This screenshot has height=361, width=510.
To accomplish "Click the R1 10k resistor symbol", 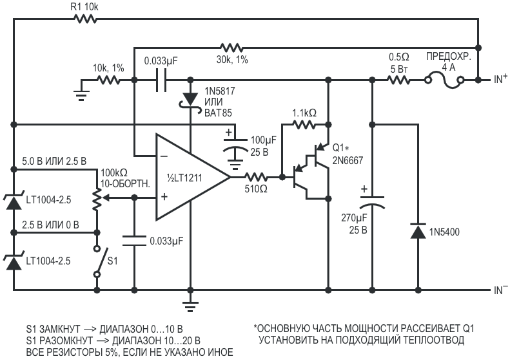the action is pyautogui.click(x=85, y=19).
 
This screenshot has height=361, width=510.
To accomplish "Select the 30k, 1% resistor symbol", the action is pyautogui.click(x=231, y=48).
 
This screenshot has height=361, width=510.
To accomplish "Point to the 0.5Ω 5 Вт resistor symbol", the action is pyautogui.click(x=398, y=80).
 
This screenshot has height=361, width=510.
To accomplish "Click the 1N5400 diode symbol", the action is pyautogui.click(x=418, y=231).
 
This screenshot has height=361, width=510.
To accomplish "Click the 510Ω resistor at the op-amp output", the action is pyautogui.click(x=256, y=177).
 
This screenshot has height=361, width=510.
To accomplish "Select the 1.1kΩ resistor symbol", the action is pyautogui.click(x=304, y=124).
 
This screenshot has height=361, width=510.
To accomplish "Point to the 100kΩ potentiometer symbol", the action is pyautogui.click(x=97, y=199).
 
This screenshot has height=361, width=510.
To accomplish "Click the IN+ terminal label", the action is pyautogui.click(x=500, y=79).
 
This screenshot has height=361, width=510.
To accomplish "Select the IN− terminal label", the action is pyautogui.click(x=500, y=290).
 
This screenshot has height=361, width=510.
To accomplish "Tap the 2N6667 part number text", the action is pyautogui.click(x=348, y=160).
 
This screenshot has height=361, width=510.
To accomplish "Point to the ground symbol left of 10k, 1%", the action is pyautogui.click(x=81, y=94).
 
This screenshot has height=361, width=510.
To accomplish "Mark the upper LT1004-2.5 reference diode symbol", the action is pyautogui.click(x=14, y=201).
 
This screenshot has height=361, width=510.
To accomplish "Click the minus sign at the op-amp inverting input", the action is pyautogui.click(x=164, y=156).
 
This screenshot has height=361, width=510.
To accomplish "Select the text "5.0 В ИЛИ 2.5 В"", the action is pyautogui.click(x=54, y=162).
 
